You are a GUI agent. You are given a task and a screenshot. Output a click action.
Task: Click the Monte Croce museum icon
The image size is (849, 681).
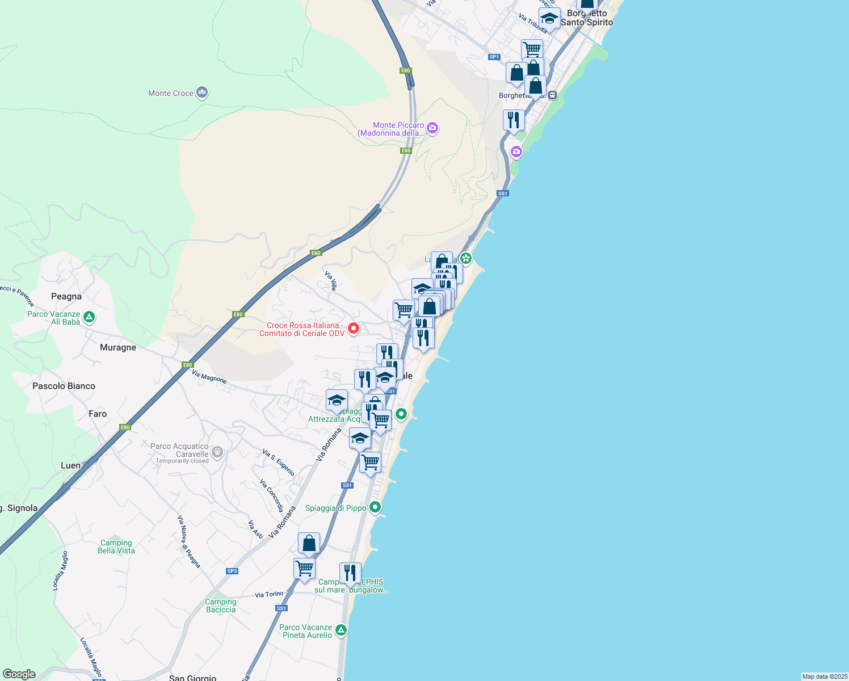click(x=202, y=93)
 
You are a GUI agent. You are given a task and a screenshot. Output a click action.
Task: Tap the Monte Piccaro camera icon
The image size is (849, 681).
click(x=432, y=128)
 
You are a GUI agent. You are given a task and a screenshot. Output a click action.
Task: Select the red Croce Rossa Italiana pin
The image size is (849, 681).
click(x=354, y=329)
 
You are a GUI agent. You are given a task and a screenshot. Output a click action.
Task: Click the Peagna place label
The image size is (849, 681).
click(x=66, y=296)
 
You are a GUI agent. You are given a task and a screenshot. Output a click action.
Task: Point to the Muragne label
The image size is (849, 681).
click(x=118, y=347)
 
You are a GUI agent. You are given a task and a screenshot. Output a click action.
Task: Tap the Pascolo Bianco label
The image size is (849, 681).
click(x=64, y=386)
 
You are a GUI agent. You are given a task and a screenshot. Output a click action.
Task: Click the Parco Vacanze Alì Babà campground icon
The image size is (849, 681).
click(x=89, y=317)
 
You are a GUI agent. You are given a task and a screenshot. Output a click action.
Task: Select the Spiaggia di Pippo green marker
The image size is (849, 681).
click(x=375, y=507)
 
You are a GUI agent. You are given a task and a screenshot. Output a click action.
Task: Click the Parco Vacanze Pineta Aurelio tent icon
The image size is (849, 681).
click(x=341, y=630)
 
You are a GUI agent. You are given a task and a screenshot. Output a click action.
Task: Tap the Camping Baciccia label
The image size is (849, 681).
click(x=221, y=606)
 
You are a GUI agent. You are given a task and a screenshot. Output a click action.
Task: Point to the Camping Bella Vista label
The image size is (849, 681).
click(x=116, y=547)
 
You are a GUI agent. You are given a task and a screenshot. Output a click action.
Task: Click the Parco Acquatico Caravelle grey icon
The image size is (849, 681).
click(x=217, y=452)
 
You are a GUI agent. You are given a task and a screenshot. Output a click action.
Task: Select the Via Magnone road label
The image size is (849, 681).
click(x=209, y=376)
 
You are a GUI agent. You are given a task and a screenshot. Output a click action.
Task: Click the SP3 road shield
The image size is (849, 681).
click(x=232, y=571)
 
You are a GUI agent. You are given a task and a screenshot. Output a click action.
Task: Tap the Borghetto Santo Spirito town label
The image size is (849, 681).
click(x=587, y=18)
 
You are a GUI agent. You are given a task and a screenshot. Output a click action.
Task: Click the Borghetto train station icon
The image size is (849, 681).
click(x=552, y=95)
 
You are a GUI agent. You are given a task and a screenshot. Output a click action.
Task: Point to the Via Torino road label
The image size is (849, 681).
click(x=269, y=594)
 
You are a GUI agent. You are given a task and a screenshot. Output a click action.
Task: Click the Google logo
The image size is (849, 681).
click(x=19, y=674)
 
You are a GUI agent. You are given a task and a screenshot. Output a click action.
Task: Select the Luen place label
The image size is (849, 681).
click(x=70, y=465)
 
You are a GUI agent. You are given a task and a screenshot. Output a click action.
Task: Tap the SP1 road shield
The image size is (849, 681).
click(x=494, y=57)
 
